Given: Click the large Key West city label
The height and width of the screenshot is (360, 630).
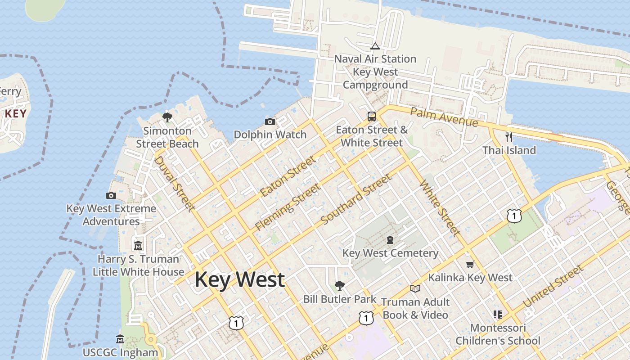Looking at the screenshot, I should coord(239,279).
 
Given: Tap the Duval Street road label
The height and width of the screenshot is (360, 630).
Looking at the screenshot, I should coord(175,184).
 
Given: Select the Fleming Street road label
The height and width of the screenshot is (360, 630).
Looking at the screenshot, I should coord(288,207).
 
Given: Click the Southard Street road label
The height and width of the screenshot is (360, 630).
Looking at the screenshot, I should coord(356,199).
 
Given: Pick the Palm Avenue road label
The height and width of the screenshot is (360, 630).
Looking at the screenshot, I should coord(444,117).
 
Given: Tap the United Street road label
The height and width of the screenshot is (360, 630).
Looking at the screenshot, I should coord(553,286).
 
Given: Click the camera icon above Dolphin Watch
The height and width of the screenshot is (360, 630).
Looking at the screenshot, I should coord(270,121).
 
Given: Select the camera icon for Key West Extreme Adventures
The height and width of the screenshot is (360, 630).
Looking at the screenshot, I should coord(111,195).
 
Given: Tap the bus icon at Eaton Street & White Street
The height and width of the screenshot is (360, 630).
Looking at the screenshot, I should coord(372,117).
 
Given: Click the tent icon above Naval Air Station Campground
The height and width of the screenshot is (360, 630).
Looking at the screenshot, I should coord(375,46).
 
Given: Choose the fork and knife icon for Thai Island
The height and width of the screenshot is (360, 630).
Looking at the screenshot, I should coord(509,137).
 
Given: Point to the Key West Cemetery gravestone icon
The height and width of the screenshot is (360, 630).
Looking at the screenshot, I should coord(390,240).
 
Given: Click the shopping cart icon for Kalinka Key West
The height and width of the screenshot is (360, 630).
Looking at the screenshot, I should coord(470,264).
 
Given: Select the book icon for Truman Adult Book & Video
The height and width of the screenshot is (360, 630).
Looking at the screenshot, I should coord(415,288).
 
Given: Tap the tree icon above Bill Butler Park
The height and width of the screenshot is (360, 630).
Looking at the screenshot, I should coord(340,285).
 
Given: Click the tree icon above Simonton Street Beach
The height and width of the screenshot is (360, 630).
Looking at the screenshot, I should coord(167,117).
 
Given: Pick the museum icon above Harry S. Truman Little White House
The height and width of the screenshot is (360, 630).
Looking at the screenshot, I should coord(138,246).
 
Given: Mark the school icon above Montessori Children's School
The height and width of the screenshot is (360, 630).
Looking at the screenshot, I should coord(498,314).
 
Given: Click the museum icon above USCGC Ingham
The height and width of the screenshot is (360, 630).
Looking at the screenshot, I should coord(120,339).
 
